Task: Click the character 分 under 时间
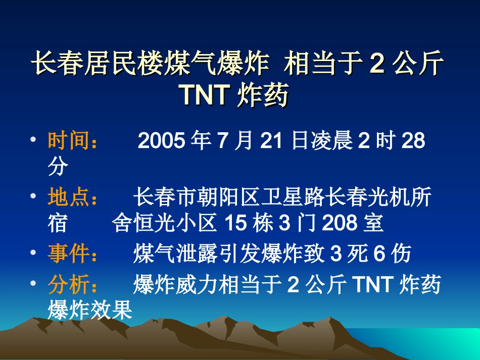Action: coord(58,167)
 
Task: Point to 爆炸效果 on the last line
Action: coord(89,310)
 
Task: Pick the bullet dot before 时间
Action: coord(33,138)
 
